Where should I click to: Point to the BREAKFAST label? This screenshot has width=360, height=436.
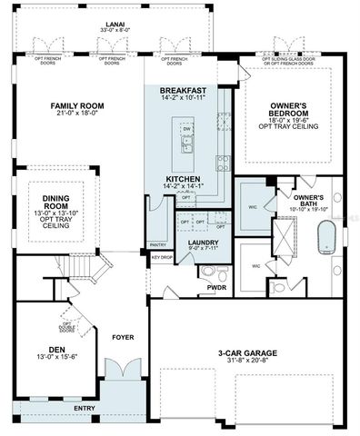coord(182,91)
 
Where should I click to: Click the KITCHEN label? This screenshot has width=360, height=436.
coord(183,180)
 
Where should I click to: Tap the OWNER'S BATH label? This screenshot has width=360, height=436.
coord(308,201)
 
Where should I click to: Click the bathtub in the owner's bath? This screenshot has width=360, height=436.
coord(325,240)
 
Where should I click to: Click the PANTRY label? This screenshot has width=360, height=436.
coord(158,244)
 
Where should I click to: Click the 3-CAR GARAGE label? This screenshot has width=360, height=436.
coord(248,352)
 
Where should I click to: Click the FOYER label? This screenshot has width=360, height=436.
coord(122,337)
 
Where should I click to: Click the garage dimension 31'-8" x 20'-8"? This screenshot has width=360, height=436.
coord(248,362)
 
